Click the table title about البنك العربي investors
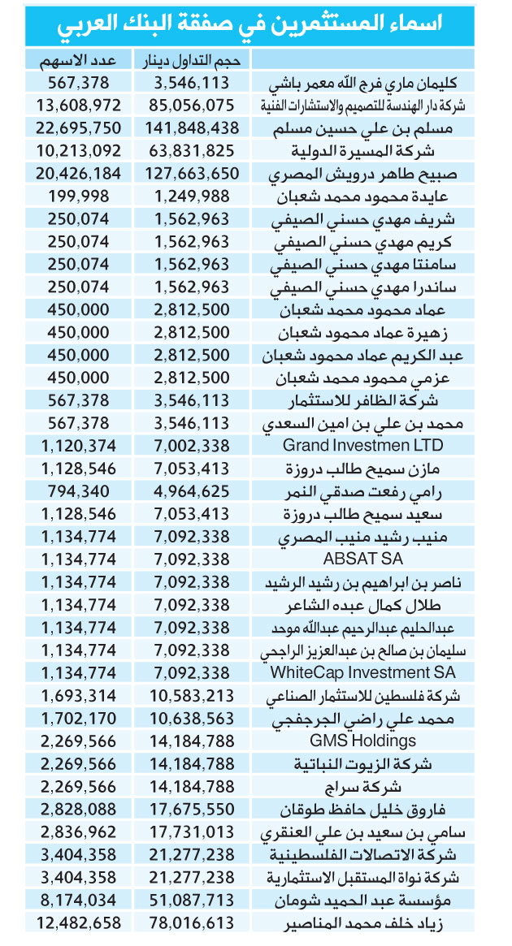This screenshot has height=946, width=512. click(x=255, y=26)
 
